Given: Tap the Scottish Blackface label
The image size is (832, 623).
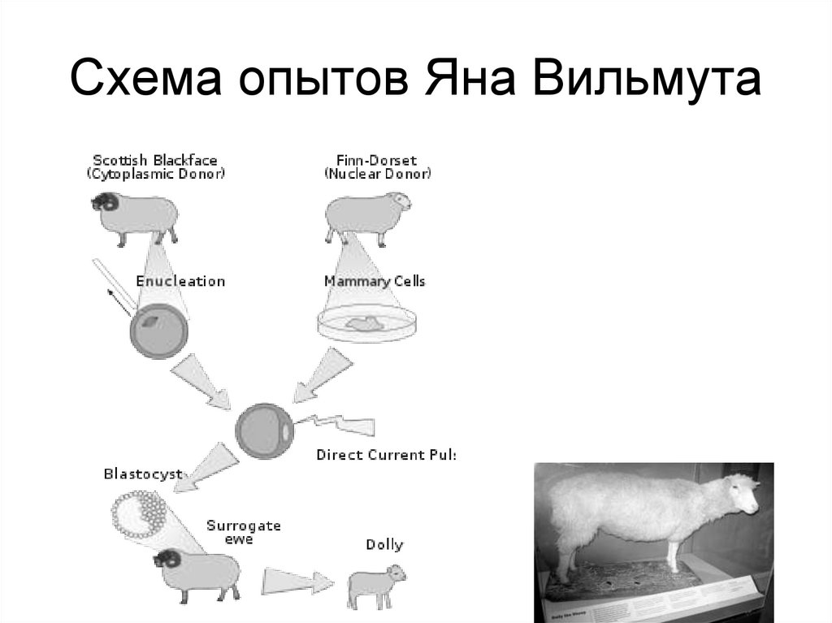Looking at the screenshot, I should click(x=155, y=160).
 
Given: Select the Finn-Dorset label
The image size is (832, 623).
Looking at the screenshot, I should click(x=378, y=160).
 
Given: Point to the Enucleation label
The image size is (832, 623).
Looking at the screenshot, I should click(x=180, y=281).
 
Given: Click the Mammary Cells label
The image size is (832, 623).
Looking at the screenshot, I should click(x=375, y=281).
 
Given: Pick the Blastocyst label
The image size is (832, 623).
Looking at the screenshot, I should click(x=142, y=474).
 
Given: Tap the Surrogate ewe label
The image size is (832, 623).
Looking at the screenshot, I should click(x=243, y=532).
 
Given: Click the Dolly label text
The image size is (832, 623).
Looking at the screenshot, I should click(x=383, y=544).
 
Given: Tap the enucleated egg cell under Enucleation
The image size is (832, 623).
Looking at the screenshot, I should click(x=159, y=331).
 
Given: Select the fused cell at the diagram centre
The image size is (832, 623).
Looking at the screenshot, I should click(x=263, y=430).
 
